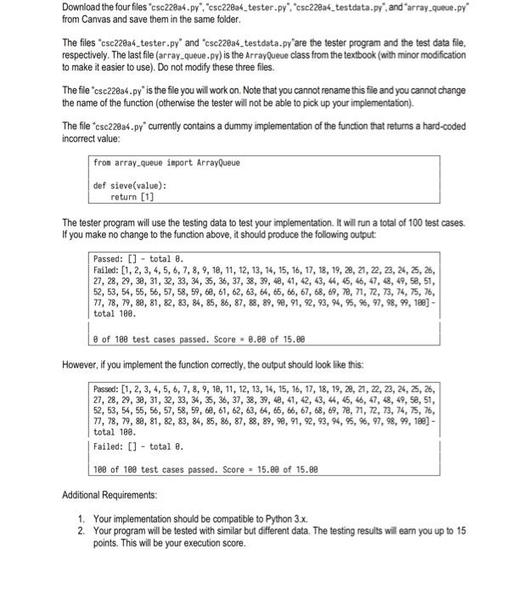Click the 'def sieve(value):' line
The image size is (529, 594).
130,184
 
